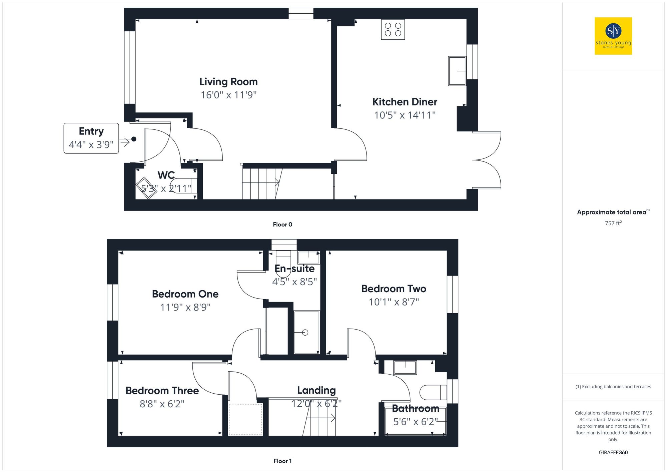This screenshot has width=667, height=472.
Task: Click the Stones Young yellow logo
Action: click(x=613, y=36)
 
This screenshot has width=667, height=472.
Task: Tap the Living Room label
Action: click(x=228, y=82)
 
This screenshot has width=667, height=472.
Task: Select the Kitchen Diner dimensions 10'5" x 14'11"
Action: click(x=405, y=115)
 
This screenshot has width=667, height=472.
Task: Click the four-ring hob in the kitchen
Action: click(x=393, y=30)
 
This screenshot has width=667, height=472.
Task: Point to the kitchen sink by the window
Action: click(x=457, y=71)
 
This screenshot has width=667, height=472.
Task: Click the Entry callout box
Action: click(x=91, y=138)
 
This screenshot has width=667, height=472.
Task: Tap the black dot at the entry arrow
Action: click(x=134, y=139)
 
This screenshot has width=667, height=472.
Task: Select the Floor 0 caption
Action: click(x=282, y=224)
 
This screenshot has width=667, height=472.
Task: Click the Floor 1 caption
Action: click(x=282, y=461)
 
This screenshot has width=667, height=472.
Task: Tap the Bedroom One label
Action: click(x=185, y=294)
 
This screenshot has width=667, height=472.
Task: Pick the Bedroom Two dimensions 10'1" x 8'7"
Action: click(x=394, y=302)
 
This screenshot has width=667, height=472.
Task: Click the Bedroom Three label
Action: click(x=162, y=391)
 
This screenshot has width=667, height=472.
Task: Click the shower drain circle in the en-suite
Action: click(x=305, y=332)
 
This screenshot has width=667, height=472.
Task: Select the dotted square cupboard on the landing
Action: click(x=245, y=419)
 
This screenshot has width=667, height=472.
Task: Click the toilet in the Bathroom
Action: click(x=432, y=392)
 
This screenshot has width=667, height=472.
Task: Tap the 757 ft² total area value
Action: click(x=613, y=223)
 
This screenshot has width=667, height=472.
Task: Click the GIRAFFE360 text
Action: click(x=613, y=453)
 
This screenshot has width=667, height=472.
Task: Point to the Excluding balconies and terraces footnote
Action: click(x=613, y=387)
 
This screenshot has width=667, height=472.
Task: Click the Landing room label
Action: click(x=316, y=390)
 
